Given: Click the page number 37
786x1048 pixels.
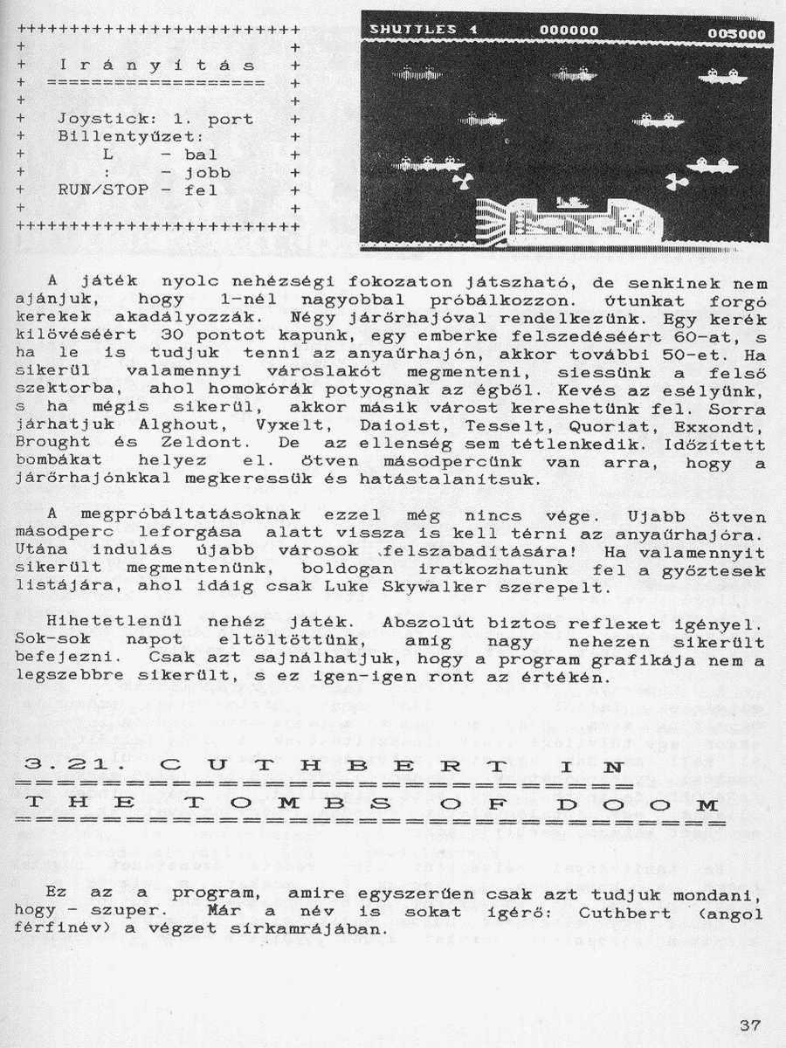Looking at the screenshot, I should point(749,1025).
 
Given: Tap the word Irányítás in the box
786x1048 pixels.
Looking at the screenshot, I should point(157,65).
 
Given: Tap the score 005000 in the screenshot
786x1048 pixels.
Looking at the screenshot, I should point(737,34).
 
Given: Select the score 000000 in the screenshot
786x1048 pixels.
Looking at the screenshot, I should point(569,31).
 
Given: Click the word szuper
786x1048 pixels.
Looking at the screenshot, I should point(126,914).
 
